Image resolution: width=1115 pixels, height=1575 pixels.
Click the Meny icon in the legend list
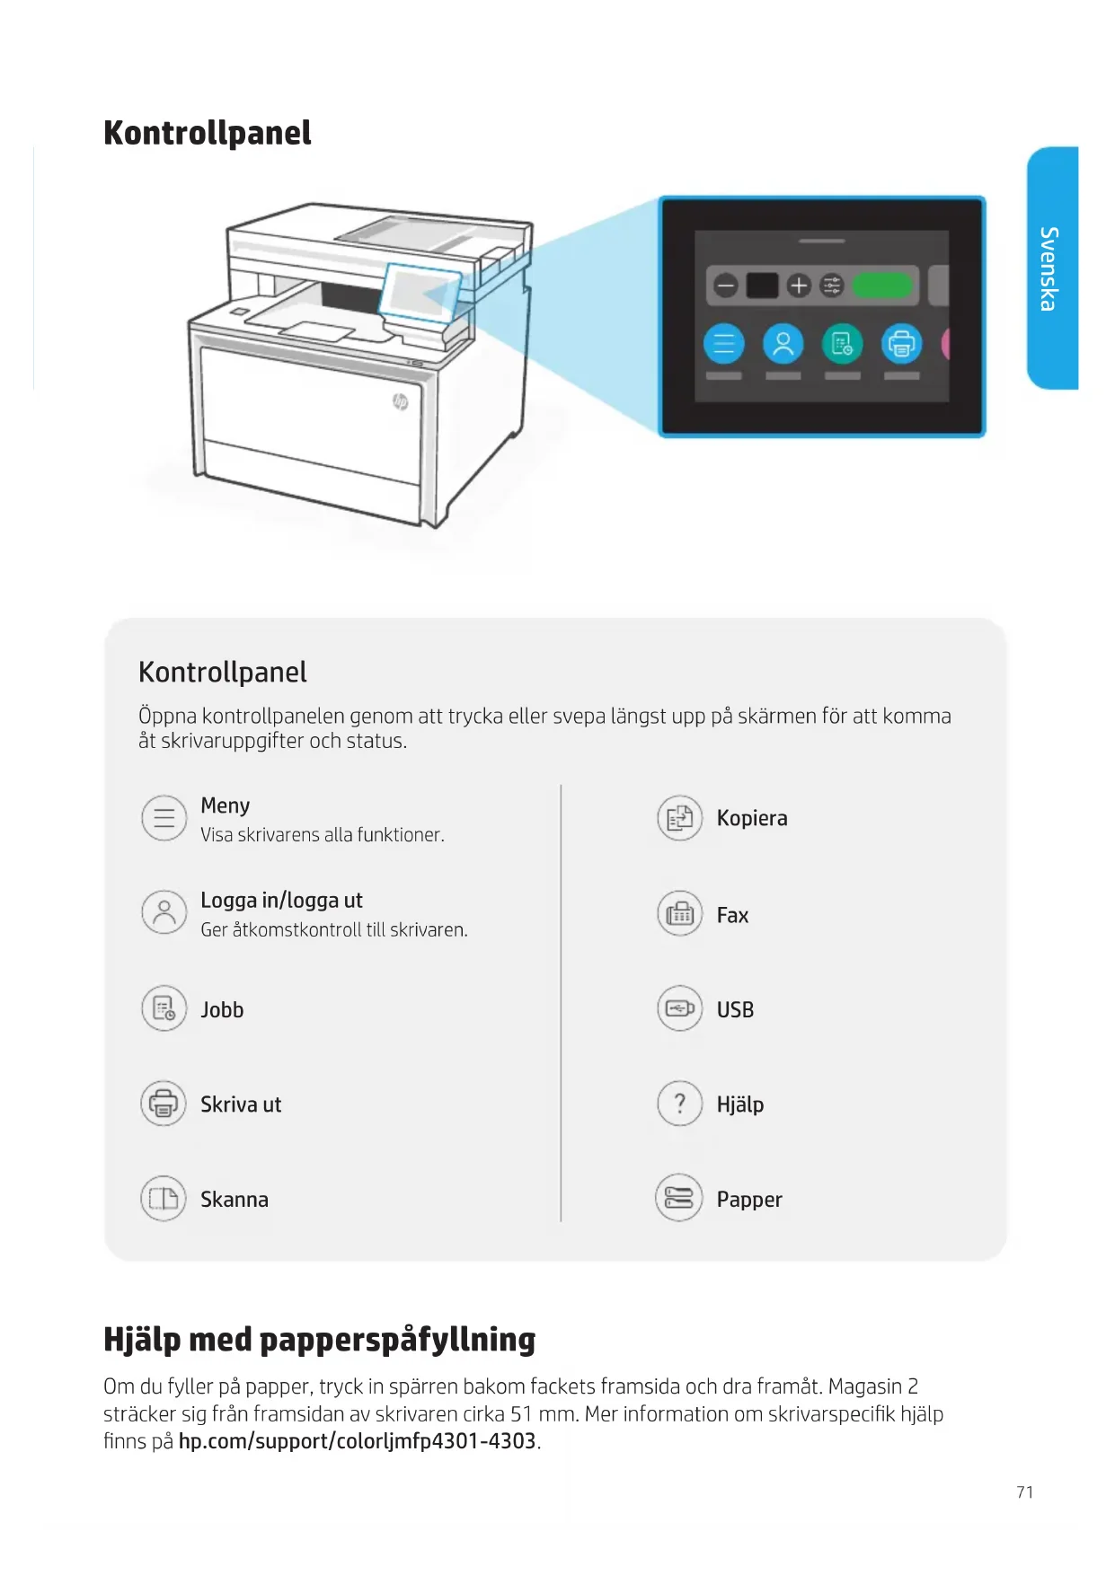[x=164, y=818]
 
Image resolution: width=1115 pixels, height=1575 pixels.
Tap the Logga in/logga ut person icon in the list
[x=164, y=912]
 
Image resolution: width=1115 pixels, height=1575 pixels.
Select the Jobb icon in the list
[x=164, y=1008]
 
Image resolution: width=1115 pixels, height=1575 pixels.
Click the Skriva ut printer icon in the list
[x=164, y=1104]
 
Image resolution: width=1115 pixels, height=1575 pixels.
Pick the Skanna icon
[x=164, y=1199]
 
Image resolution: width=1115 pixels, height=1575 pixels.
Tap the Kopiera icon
[x=679, y=818]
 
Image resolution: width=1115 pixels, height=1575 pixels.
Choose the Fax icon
[x=679, y=914]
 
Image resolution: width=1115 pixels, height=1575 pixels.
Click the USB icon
[x=679, y=1008]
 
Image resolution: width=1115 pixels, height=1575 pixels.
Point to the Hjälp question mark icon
[x=679, y=1104]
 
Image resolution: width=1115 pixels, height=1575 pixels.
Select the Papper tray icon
[x=679, y=1199]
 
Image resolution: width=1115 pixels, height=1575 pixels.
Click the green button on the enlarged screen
[x=882, y=286]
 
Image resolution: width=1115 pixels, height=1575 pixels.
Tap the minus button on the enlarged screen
[x=725, y=286]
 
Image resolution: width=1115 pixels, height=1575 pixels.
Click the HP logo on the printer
[x=401, y=401]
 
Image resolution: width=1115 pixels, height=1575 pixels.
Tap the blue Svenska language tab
[x=1051, y=268]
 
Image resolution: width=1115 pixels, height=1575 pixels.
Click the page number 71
[x=1024, y=1492]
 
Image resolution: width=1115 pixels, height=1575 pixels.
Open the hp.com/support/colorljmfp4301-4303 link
[x=357, y=1441]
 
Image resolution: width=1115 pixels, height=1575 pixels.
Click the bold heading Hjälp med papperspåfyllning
[x=319, y=1339]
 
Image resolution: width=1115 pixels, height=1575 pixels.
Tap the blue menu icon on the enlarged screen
[x=723, y=344]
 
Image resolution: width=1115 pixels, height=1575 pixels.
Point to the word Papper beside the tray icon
[x=749, y=1200]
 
